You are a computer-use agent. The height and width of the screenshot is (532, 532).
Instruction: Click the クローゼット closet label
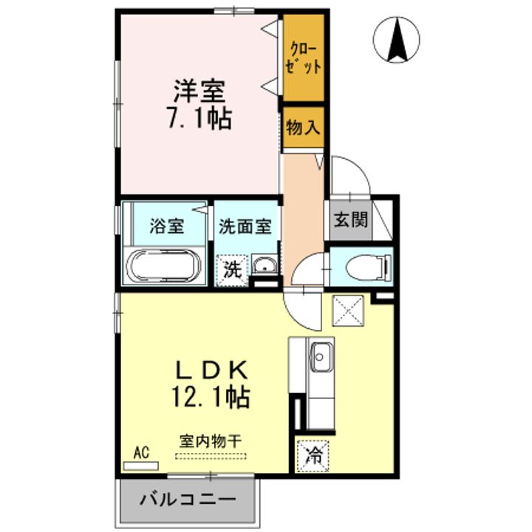304,58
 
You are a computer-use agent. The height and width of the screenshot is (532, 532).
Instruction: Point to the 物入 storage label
303,127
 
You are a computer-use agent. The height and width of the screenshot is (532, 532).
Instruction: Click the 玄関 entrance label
349,219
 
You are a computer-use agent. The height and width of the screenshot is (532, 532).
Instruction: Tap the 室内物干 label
211,440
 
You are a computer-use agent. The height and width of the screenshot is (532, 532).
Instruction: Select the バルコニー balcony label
188,500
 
